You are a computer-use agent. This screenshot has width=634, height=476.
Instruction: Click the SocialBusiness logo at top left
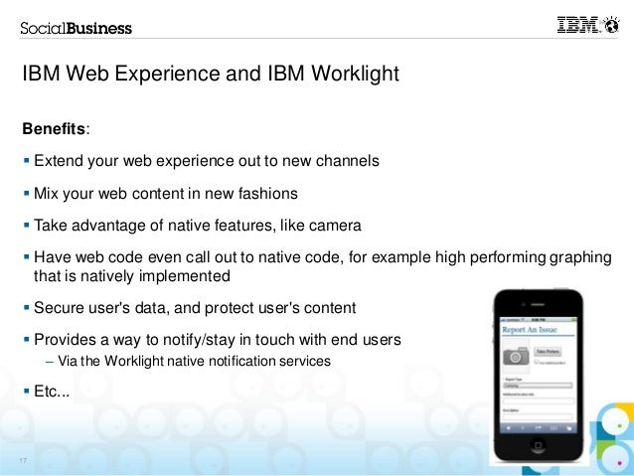(x=76, y=28)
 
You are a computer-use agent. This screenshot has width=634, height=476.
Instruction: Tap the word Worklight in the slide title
(x=354, y=74)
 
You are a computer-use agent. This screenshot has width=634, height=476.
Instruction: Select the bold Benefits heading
(x=55, y=129)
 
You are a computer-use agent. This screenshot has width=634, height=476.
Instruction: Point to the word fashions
(x=262, y=193)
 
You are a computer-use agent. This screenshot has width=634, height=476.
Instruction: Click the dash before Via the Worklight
(x=50, y=362)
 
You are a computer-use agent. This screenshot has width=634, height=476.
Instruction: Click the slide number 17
(x=22, y=460)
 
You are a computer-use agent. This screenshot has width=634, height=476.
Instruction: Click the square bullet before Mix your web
(x=27, y=193)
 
